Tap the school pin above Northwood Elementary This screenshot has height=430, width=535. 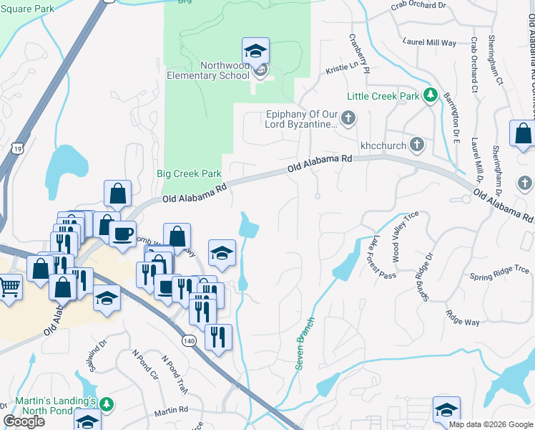pyautogui.click(x=255, y=50)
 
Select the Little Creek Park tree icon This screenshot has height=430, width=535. pyautogui.click(x=430, y=95)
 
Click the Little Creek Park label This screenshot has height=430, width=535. pyautogui.click(x=383, y=96)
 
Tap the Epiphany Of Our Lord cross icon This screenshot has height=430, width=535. pyautogui.click(x=348, y=118)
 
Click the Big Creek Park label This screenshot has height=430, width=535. pyautogui.click(x=189, y=173)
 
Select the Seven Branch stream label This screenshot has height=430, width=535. pyautogui.click(x=304, y=343)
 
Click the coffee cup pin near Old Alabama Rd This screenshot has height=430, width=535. pyautogui.click(x=122, y=234)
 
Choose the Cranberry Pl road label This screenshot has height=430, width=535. pyautogui.click(x=358, y=53)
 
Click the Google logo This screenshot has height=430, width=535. pyautogui.click(x=24, y=421)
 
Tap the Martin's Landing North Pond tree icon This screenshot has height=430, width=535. pyautogui.click(x=106, y=405)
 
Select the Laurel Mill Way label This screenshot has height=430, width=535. pyautogui.click(x=429, y=42)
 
